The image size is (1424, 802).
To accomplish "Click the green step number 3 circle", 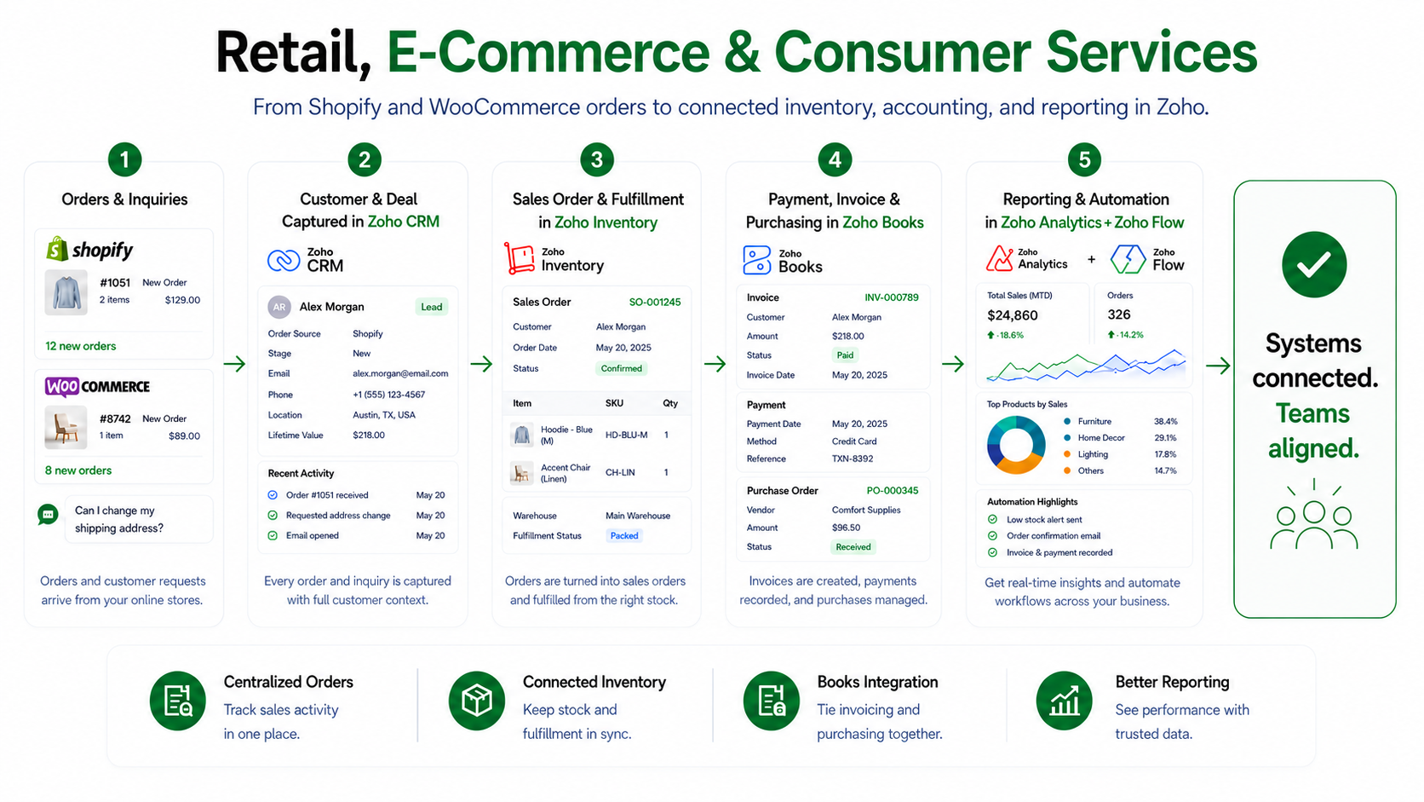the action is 596,159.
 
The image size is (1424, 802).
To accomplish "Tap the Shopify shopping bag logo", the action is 57,249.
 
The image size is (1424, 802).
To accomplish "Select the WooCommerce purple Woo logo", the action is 62,386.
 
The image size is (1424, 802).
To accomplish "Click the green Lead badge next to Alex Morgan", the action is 431,307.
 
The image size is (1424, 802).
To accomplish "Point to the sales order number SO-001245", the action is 655,302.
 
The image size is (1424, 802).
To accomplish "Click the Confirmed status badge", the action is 621,368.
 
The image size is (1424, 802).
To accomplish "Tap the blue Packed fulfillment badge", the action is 623,535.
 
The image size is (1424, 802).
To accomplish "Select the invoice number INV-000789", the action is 891,297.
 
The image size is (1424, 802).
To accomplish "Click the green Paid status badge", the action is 845,355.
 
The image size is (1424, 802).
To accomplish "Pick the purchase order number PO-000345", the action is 892,490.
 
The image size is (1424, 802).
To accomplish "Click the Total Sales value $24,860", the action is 1012,314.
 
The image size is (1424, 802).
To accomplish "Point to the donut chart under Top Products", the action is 1016,445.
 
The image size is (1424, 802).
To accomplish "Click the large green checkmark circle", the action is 1314,264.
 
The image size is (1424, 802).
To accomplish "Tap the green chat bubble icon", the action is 48,514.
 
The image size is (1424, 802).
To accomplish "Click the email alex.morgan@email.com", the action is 400,373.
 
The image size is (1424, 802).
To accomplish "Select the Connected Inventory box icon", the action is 477,701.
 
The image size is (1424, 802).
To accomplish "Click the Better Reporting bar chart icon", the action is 1065,701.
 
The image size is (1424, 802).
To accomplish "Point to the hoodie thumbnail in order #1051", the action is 66,292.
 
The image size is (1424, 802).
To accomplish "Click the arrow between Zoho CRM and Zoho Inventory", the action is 481,364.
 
